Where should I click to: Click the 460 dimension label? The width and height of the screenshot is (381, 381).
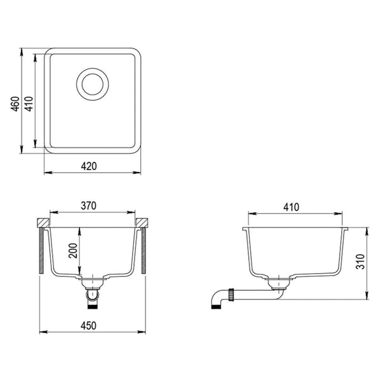15,104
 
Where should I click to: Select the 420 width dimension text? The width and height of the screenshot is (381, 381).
89,166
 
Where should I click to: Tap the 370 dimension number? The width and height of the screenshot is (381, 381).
89,206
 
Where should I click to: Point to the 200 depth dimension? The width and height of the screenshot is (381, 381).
73,251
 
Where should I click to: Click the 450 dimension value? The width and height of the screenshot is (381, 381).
88,326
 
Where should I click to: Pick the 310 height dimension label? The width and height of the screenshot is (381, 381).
360,262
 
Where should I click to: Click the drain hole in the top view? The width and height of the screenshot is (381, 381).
93,84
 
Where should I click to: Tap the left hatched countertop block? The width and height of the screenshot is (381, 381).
43,223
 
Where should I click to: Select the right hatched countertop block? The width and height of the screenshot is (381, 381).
142,223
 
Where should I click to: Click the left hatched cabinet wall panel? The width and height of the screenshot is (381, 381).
41,251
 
